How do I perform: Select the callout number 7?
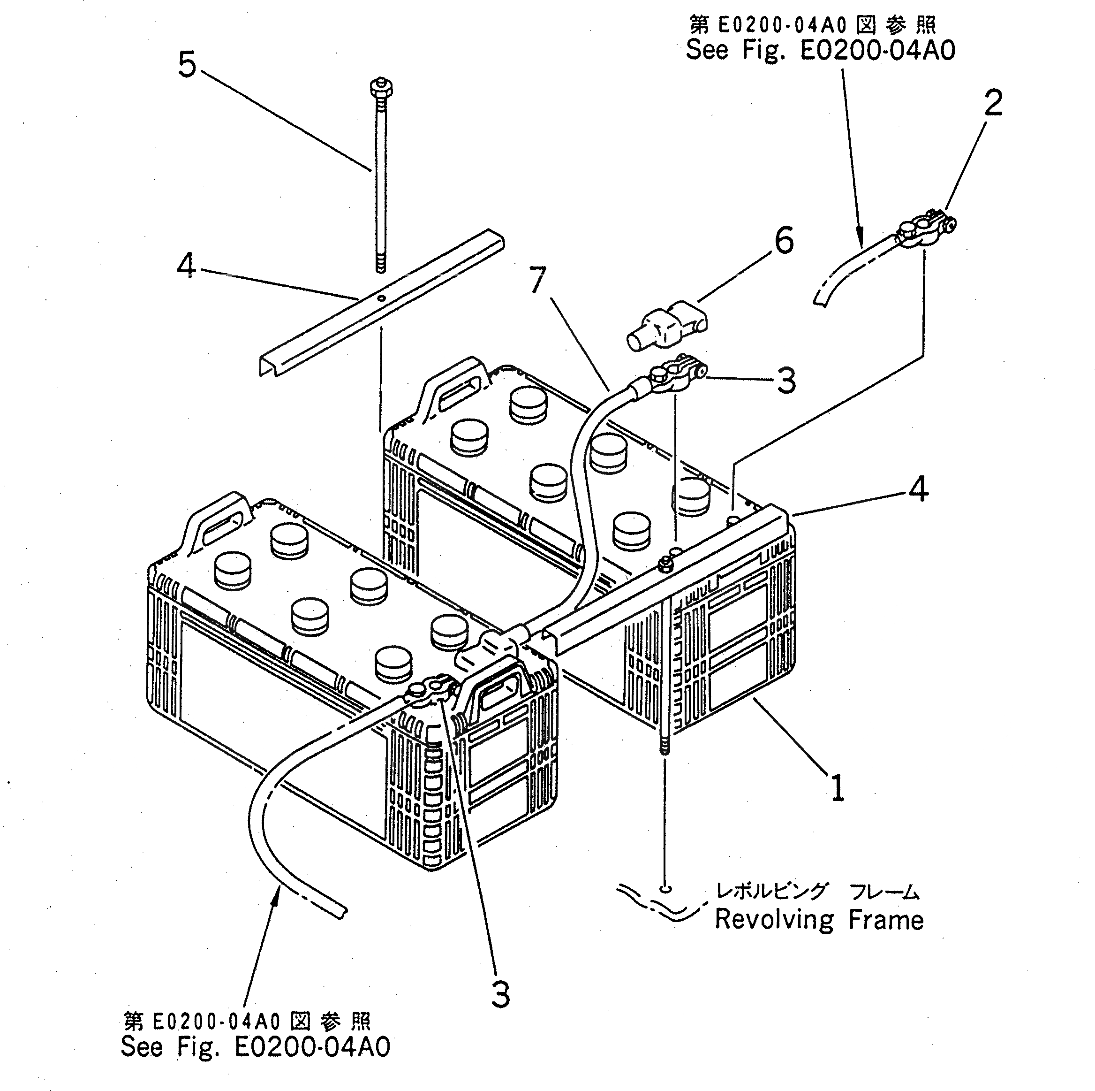538,280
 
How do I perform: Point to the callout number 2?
993,103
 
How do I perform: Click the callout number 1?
838,787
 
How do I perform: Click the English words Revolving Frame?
819,920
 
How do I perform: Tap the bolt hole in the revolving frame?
666,889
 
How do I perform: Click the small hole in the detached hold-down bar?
382,297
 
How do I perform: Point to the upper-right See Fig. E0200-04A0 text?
820,50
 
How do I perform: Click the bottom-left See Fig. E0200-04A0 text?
255,1046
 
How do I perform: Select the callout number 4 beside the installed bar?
918,489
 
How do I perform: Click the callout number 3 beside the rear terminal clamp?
785,381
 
